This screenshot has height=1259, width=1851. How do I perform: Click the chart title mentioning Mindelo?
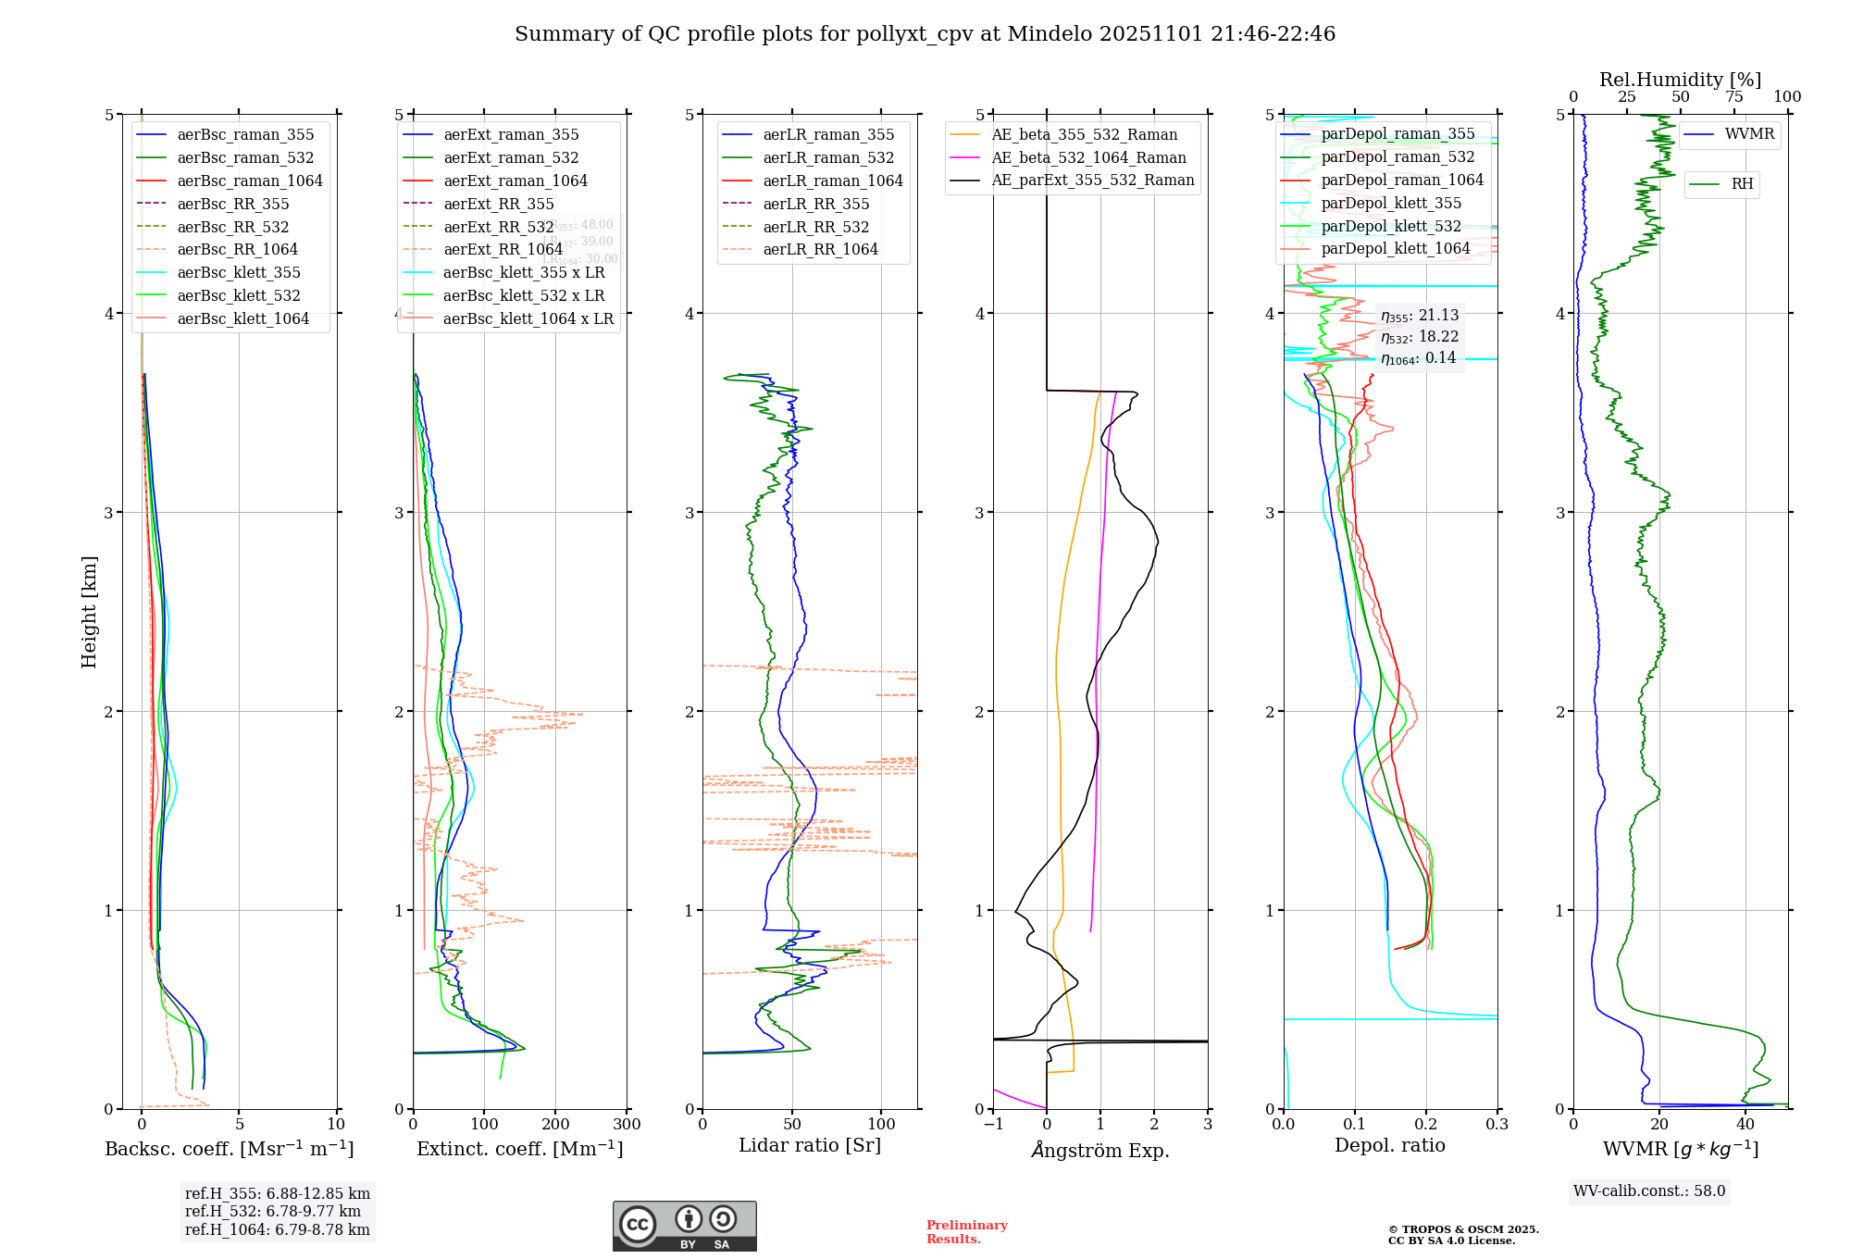coord(925,34)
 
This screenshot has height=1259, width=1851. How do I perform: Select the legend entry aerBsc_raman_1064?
coord(250,181)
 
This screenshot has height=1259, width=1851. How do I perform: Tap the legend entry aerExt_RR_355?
coord(499,204)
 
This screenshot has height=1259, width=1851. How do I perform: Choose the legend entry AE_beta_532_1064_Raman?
coord(1088,157)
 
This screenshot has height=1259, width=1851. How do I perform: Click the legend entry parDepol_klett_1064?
coord(1395,248)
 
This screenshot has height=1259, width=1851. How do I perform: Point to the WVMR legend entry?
coord(1749,134)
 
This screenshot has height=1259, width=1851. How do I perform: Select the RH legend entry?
coord(1742,184)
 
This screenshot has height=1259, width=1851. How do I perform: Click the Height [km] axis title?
coord(89,611)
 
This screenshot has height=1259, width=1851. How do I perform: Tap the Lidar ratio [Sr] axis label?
coord(810,1145)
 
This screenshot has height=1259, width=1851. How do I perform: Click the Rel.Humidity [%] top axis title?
coord(1680,80)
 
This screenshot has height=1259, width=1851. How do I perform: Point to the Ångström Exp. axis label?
coord(1100,1150)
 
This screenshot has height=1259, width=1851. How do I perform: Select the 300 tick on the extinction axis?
coord(627,1124)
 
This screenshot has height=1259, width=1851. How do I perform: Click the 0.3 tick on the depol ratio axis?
coord(1497,1124)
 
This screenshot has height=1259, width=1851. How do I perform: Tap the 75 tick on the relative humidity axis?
coord(1733,97)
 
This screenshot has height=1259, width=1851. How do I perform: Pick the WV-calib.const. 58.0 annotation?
coord(1649,1190)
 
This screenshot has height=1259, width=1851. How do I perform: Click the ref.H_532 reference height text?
coord(273,1211)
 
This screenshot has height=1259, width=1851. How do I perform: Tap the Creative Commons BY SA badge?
coord(684,1226)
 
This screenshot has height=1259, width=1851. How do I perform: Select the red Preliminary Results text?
coord(966,1231)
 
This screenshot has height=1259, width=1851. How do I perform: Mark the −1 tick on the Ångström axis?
coord(993,1124)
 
